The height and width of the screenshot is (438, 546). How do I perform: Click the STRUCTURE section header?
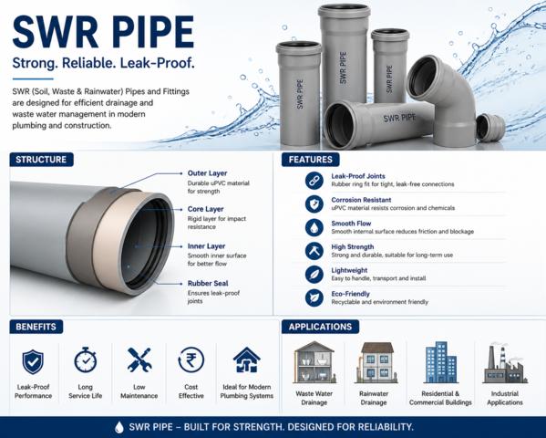41,160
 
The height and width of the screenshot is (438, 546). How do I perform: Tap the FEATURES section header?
310,160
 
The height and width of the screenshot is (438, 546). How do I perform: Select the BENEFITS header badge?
36,327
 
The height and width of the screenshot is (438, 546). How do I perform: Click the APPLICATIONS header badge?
320,327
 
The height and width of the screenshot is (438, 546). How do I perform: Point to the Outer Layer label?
207,173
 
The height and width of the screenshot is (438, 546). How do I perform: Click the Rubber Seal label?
208,283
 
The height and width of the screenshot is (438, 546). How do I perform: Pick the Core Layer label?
205,209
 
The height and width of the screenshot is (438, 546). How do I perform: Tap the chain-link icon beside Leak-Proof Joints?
314,181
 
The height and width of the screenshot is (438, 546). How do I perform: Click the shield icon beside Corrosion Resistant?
314,204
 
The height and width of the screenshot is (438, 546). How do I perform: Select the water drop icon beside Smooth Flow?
314,228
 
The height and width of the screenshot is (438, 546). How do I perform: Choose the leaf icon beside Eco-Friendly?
314,298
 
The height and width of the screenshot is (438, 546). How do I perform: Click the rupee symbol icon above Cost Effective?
191,360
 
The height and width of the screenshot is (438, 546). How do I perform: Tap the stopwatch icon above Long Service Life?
86,360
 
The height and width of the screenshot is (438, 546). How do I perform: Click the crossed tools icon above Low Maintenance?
139,360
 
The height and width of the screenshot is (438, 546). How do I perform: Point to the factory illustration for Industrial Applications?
505,363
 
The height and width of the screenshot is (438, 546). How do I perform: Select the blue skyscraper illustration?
441,362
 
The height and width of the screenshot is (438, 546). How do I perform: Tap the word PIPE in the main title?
153,32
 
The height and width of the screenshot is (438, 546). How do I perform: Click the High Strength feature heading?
353,247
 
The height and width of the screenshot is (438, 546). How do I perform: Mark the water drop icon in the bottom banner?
119,427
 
